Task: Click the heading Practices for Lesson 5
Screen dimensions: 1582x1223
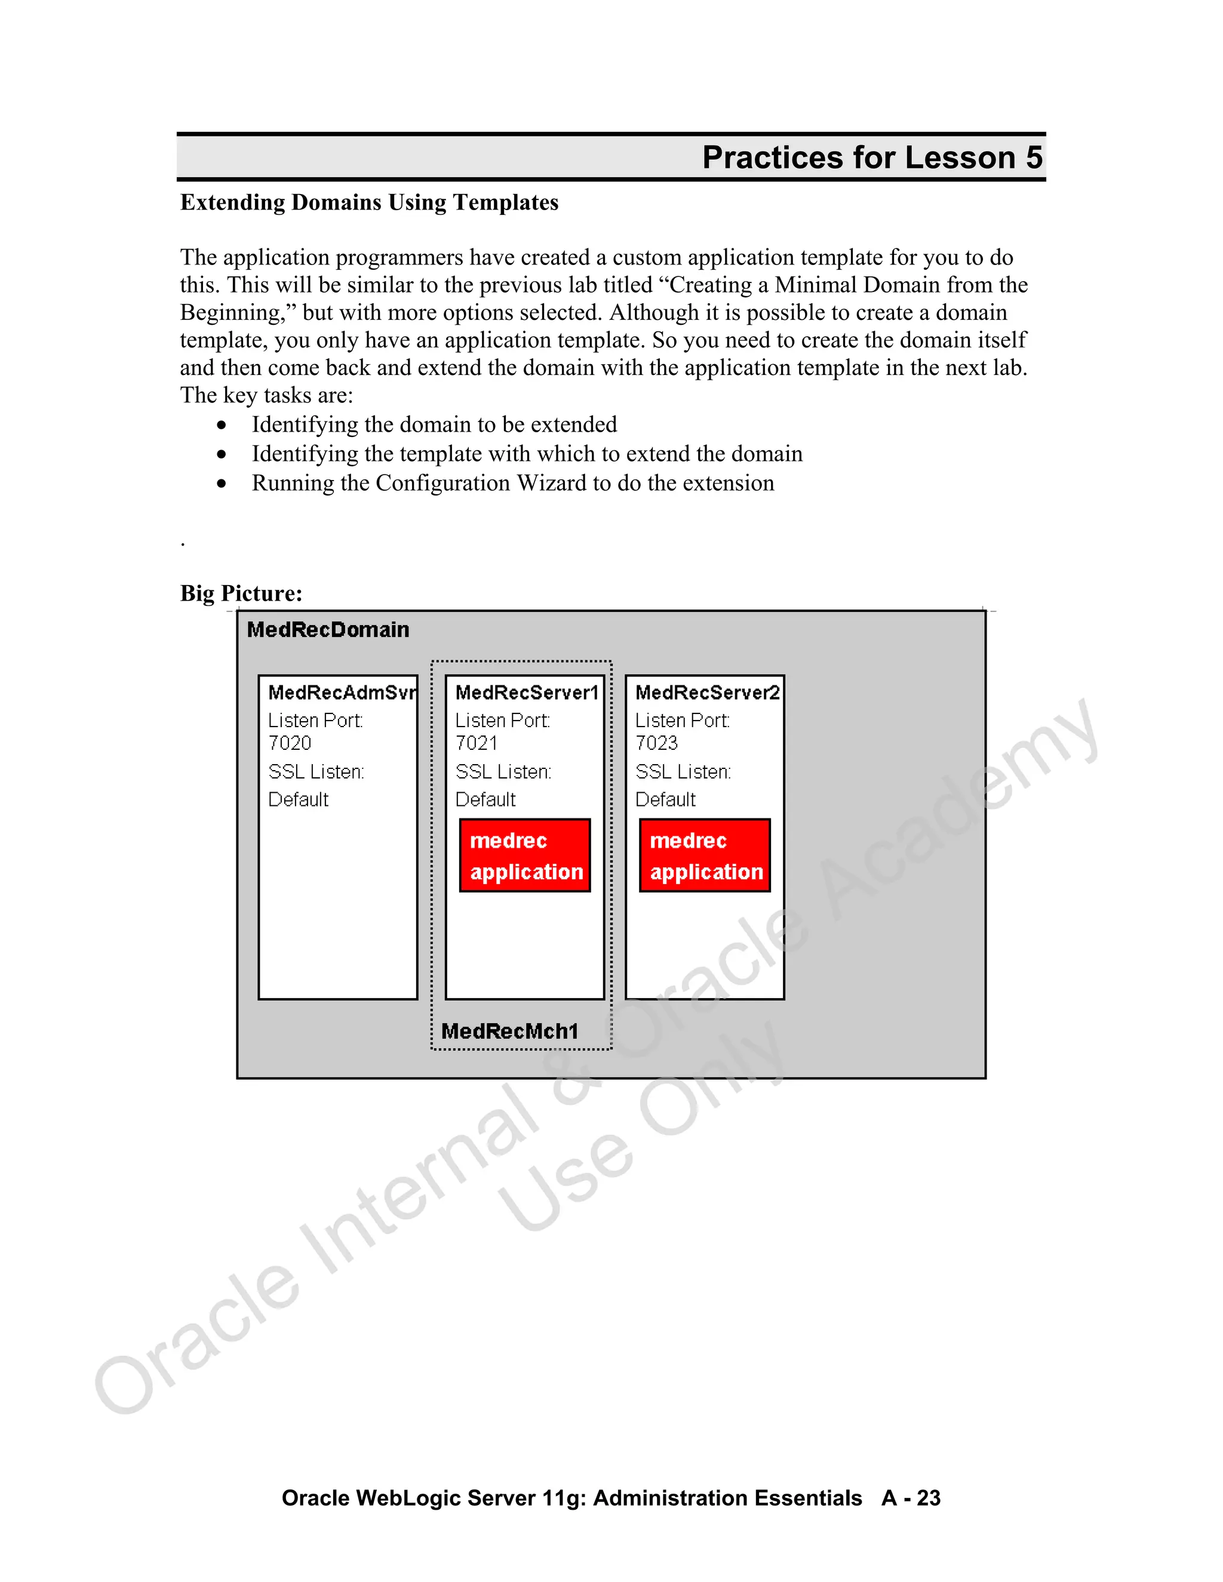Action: pos(872,158)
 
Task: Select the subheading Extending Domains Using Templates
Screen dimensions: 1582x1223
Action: pos(369,203)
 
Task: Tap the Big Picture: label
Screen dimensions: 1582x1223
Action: pos(241,593)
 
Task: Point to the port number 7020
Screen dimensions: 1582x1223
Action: pos(289,743)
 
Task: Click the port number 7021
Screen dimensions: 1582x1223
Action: pos(476,743)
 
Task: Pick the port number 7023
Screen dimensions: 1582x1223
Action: pos(656,743)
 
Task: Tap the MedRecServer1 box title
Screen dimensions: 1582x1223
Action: pos(526,692)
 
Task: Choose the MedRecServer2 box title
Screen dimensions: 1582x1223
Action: pos(706,692)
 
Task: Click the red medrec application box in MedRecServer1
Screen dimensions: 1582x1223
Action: pos(526,855)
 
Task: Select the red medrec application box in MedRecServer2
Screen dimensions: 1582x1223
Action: pos(705,855)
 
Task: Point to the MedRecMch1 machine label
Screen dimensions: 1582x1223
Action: pos(509,1031)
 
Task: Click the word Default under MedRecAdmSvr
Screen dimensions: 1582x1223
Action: pos(298,800)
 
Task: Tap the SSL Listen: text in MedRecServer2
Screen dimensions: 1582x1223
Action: pos(683,772)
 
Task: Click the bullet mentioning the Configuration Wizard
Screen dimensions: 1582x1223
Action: pos(512,483)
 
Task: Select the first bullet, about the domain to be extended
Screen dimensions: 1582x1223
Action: pos(434,424)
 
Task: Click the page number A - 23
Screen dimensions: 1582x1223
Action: pos(911,1497)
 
